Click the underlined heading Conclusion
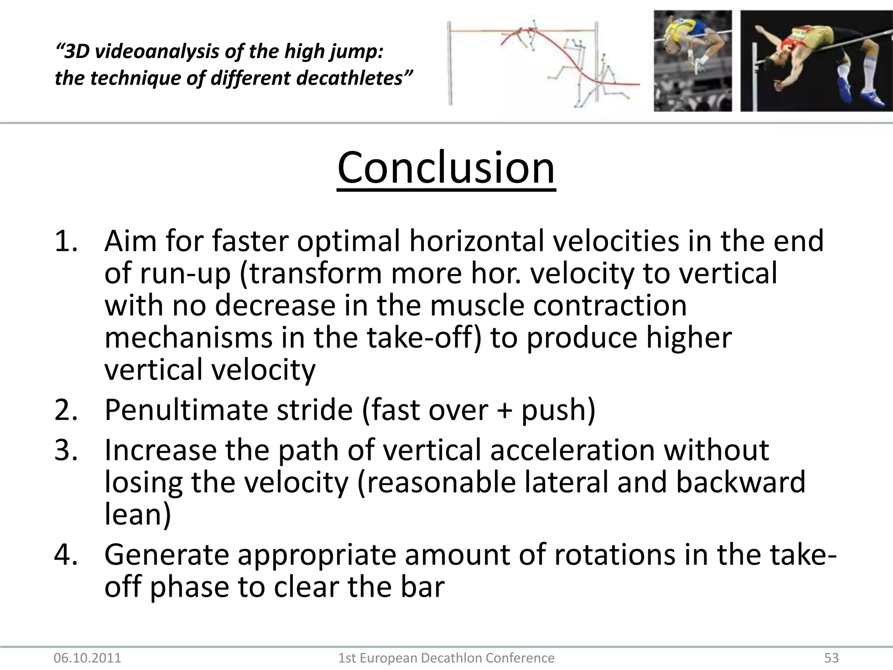click(x=446, y=168)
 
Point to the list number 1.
click(x=65, y=241)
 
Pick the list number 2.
click(x=65, y=410)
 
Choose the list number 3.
click(x=65, y=450)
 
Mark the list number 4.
click(x=65, y=555)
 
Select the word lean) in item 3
click(x=137, y=514)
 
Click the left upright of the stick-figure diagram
click(x=449, y=63)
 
